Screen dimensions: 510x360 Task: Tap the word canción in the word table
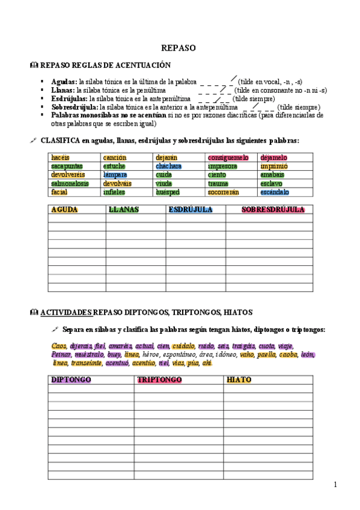(114, 158)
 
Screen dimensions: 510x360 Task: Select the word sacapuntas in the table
(67, 166)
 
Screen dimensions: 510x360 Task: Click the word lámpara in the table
(115, 175)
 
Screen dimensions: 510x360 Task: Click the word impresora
(222, 166)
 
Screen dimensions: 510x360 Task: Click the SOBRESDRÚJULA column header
(273, 210)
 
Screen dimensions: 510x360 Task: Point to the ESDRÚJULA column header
(189, 210)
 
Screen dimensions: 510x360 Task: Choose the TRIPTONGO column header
(159, 380)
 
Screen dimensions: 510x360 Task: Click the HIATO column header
(239, 380)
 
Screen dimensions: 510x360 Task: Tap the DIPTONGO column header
(70, 380)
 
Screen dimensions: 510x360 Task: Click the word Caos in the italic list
(58, 346)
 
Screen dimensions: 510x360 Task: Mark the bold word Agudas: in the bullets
(64, 81)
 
